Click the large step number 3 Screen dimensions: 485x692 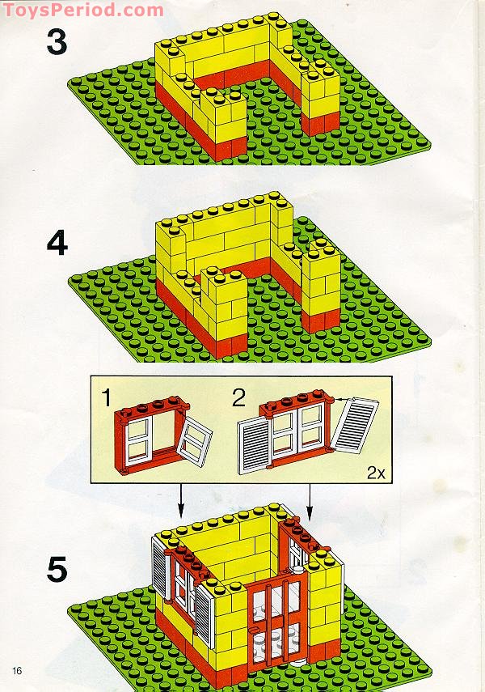pos(57,43)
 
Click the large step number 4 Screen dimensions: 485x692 pos(57,244)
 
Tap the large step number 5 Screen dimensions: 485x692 pos(57,569)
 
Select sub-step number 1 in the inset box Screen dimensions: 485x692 pos(106,397)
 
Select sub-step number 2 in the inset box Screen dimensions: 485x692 pos(238,397)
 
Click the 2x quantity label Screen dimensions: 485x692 pos(376,473)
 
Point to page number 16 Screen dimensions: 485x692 pos(17,671)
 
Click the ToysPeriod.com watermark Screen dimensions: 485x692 pos(83,9)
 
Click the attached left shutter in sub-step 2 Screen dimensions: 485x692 pos(254,446)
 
